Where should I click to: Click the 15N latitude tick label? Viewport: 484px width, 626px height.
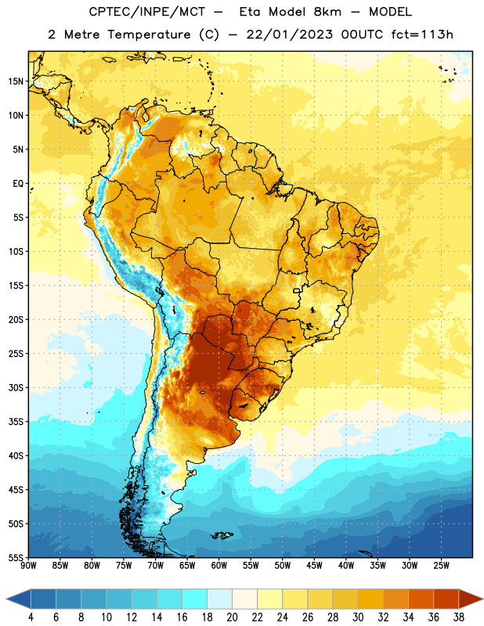pos(16,81)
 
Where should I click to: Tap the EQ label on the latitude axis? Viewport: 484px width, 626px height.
pos(18,184)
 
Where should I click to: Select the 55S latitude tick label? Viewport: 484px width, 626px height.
pos(16,557)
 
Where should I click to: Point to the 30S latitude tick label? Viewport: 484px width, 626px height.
pos(16,387)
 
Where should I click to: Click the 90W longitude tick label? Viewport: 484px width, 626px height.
pos(28,566)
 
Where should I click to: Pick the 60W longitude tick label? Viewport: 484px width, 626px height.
pos(219,566)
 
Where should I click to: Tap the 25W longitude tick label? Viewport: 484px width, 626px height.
pos(441,566)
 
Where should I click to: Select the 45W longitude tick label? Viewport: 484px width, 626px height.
pos(314,566)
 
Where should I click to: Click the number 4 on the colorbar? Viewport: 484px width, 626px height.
pos(31,617)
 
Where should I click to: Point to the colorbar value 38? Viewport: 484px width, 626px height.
pos(458,617)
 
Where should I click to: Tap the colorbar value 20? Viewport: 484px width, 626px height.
pos(232,617)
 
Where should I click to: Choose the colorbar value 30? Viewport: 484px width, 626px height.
pos(358,617)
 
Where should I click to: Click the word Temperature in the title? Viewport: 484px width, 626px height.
pos(149,34)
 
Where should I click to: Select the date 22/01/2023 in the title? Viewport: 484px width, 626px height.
pos(289,34)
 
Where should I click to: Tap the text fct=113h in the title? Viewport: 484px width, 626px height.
pos(421,34)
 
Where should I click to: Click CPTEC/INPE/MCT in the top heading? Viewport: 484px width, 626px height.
pos(146,12)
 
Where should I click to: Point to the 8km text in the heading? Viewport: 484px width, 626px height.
pos(327,12)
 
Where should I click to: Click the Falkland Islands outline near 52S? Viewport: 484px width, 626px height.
pos(222,535)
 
